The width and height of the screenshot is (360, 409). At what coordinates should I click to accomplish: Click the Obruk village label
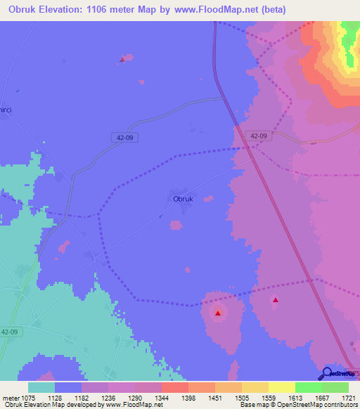point(183,199)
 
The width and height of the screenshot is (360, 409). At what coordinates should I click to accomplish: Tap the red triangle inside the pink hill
point(218,313)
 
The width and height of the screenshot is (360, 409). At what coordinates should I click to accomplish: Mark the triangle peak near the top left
point(122,59)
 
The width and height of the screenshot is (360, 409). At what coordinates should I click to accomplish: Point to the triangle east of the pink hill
point(275,301)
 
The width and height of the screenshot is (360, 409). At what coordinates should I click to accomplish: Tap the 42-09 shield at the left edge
point(9,332)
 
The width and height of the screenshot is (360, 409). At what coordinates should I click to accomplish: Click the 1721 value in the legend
point(348,397)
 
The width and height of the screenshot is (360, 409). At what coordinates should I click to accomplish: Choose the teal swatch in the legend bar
point(41,387)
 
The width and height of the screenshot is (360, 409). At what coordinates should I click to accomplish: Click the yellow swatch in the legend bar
point(281,387)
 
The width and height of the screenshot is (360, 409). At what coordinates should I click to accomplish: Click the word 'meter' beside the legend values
point(10,397)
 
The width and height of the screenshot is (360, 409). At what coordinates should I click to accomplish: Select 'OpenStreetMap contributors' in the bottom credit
point(323,405)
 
